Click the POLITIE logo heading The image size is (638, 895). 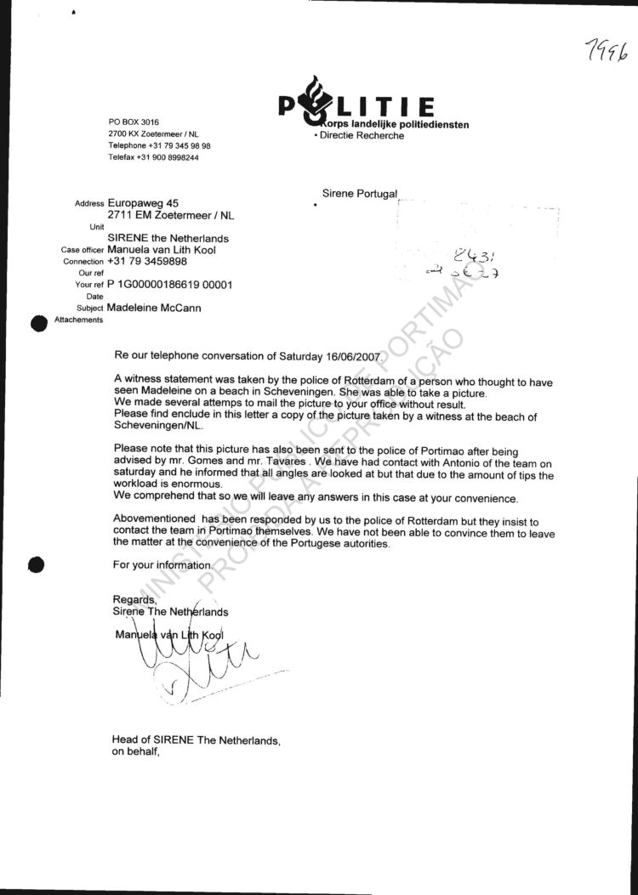point(357,106)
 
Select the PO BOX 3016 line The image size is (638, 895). point(134,122)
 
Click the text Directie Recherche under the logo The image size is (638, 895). point(361,136)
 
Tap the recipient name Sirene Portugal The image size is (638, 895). point(360,195)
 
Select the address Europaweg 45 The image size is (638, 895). point(144,204)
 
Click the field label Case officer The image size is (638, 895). point(83,251)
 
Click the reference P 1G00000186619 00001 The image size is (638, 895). point(170,285)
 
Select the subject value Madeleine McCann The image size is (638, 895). point(154,308)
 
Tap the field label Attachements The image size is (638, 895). point(78,320)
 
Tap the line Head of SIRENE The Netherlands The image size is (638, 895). point(196,740)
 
